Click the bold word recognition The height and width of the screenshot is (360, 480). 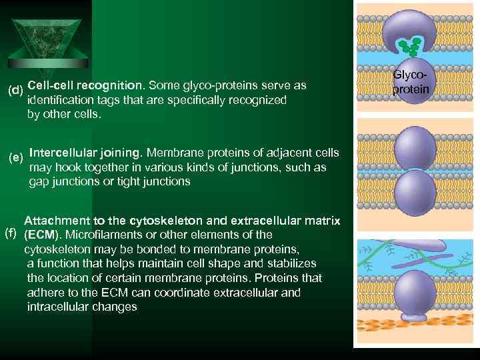tap(109, 85)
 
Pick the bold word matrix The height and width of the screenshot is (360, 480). tap(322, 221)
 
